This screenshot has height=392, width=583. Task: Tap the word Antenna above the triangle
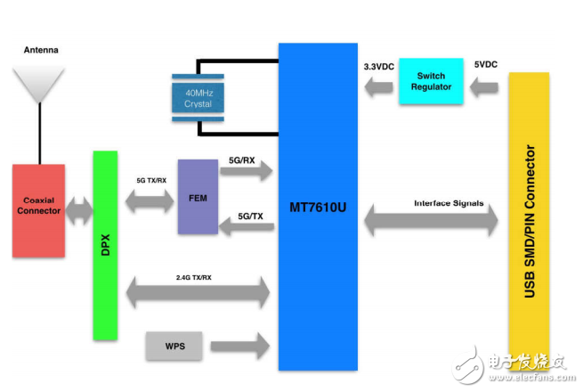click(x=40, y=50)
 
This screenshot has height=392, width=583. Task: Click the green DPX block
click(x=105, y=245)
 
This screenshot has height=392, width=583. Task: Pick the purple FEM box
click(x=197, y=197)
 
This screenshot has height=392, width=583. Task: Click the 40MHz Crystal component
click(x=198, y=98)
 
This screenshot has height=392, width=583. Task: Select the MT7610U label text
click(x=317, y=208)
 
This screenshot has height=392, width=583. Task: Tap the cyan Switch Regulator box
click(x=431, y=81)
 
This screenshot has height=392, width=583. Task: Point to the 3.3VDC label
click(x=380, y=67)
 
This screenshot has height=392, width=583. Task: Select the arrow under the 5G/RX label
click(x=247, y=175)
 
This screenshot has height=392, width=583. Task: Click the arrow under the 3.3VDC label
click(x=377, y=86)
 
